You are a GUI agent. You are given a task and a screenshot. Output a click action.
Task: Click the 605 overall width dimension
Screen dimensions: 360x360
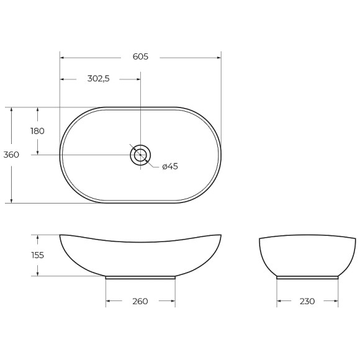pos(140,56)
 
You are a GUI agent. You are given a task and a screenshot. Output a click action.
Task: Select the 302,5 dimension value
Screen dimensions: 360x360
pos(98,79)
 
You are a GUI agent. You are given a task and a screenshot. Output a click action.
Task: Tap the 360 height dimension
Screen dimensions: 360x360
pos(11,155)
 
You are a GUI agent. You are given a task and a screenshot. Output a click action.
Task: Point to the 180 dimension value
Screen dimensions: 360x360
pos(37,131)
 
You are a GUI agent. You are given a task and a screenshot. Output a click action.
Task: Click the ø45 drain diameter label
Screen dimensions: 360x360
pos(169,166)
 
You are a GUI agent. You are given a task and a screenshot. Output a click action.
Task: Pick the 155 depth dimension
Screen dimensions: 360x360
pos(37,255)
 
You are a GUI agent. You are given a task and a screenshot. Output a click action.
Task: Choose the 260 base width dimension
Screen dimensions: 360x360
pos(140,302)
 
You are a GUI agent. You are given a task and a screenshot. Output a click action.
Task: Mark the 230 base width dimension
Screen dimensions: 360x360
pos(307,302)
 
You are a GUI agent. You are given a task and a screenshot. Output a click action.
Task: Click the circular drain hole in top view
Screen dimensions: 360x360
pos(140,155)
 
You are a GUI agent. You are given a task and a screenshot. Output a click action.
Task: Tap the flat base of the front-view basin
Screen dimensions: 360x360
pos(140,277)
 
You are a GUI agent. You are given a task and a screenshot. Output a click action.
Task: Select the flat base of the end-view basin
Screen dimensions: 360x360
pos(307,277)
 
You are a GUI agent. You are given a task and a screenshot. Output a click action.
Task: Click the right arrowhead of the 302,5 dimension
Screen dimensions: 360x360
pos(138,79)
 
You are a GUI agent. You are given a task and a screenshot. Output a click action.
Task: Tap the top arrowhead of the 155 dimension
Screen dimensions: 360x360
pos(37,237)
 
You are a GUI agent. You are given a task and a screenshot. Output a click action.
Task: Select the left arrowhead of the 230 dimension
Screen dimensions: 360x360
pos(279,302)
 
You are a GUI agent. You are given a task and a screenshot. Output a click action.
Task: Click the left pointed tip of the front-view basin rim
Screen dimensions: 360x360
pos(60,235)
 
